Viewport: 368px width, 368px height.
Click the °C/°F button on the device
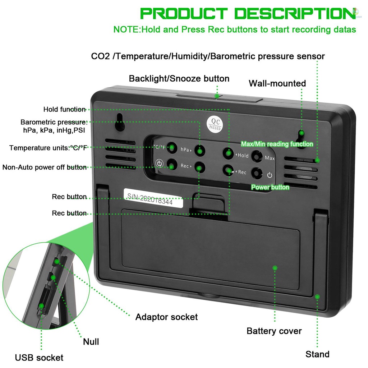(x=172, y=147)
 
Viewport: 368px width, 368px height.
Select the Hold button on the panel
(x=227, y=153)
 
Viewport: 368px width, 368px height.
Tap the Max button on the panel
(x=256, y=156)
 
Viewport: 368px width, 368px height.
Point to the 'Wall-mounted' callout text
(x=277, y=83)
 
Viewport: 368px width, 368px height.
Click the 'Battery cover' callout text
(x=274, y=331)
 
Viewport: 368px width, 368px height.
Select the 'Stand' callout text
(x=317, y=354)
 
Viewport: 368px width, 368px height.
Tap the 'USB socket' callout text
(x=39, y=358)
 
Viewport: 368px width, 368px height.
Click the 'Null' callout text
(x=91, y=341)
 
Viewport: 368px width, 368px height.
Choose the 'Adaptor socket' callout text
(x=166, y=317)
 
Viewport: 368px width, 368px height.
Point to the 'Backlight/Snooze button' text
(x=179, y=78)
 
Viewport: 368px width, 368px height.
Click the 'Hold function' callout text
(x=64, y=109)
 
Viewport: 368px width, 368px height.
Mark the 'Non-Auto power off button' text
(x=44, y=167)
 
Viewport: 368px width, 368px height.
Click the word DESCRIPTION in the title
(x=293, y=14)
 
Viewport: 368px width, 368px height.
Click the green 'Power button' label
(x=270, y=187)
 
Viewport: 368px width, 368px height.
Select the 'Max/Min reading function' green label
(x=277, y=144)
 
